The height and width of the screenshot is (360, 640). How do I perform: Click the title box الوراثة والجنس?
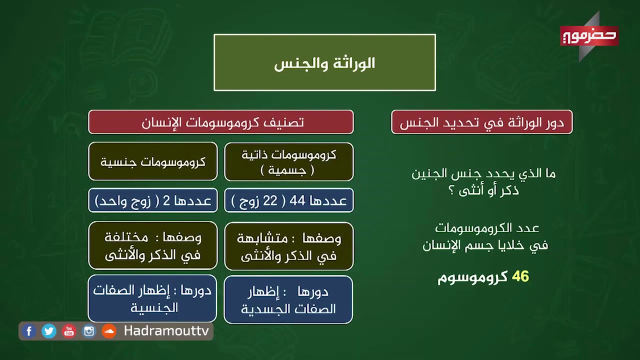point(324,63)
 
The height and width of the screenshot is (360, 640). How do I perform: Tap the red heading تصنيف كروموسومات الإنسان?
point(221,122)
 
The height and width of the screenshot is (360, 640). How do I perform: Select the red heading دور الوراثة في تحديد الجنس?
point(481,122)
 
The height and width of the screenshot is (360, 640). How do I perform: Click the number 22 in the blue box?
point(270,201)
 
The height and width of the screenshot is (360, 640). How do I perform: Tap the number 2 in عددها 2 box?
point(167,201)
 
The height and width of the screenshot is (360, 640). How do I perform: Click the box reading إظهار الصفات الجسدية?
point(288,300)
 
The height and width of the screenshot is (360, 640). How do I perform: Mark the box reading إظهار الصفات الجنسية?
point(152,298)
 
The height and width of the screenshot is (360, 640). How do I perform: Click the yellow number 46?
point(520,277)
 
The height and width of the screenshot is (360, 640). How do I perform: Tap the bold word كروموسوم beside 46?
point(472,277)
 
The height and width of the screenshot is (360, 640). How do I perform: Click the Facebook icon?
point(29,331)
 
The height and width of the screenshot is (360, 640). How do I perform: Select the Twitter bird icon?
point(49,331)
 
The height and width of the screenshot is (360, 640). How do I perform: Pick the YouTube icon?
point(69,331)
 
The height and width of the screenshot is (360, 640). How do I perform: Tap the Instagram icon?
point(89,331)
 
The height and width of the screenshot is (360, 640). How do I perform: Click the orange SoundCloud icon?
point(109,331)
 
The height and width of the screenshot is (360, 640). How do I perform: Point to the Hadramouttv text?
point(166,331)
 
